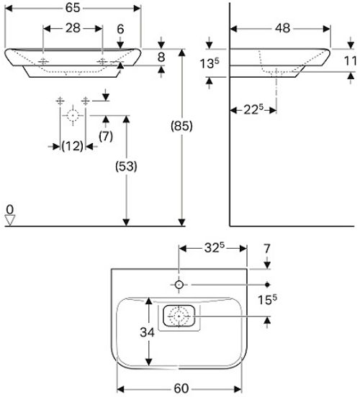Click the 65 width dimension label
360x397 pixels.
coord(73,8)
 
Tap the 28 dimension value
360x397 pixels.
coord(73,28)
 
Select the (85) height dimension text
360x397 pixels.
coord(181,126)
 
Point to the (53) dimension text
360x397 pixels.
coord(126,166)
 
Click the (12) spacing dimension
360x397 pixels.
coord(72,146)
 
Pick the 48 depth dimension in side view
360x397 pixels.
coord(282,28)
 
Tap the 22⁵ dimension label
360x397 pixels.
coord(253,109)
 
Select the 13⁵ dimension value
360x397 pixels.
coord(209,63)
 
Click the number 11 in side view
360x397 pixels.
coord(351,61)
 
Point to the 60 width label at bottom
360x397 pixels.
coord(181,388)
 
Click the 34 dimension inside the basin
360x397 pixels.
coord(147,332)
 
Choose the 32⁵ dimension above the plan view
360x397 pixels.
coord(215,248)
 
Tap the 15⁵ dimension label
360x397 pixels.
coord(267,300)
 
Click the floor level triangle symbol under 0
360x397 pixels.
coord(10,220)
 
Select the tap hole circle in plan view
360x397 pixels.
coord(179,285)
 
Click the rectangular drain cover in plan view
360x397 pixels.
coord(179,316)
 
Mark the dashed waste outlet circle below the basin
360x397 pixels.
coord(73,116)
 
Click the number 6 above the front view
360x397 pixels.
coord(120,29)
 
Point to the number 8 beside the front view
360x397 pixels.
coord(161,58)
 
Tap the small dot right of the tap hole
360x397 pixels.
coord(267,285)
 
